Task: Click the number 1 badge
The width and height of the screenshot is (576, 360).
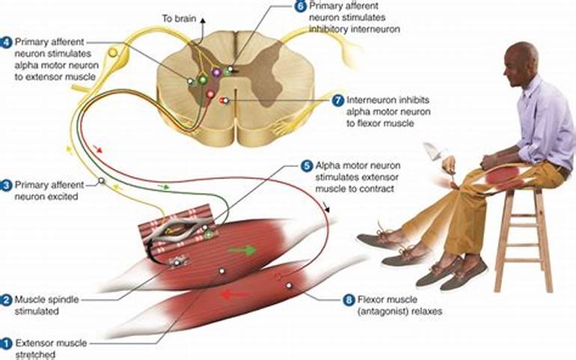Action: click(6, 344)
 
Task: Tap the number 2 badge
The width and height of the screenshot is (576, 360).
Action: click(6, 300)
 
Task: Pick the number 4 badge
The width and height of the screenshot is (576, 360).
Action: click(6, 42)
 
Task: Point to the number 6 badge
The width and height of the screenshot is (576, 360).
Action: click(300, 7)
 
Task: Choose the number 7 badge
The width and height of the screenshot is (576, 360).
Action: click(337, 100)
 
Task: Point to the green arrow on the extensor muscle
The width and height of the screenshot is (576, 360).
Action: click(241, 249)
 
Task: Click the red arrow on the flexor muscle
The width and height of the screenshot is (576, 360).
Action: click(234, 294)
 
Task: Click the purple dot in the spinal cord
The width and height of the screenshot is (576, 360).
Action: click(217, 73)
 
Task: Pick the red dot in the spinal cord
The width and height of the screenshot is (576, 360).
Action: click(211, 94)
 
